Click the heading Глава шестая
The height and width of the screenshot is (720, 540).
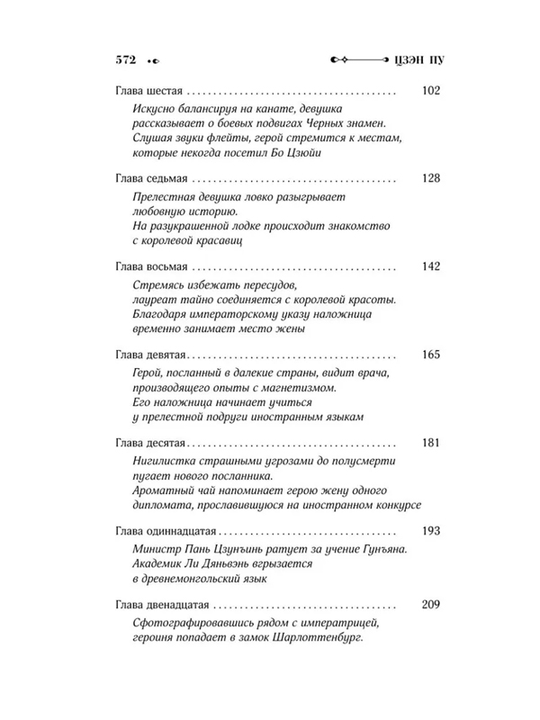click(x=150, y=91)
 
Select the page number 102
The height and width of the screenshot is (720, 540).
click(x=430, y=91)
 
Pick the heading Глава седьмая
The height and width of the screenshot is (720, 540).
click(x=153, y=178)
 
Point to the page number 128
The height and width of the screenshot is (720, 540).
click(x=430, y=178)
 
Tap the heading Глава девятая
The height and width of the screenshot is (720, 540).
click(x=152, y=354)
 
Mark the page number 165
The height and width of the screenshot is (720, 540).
click(x=430, y=354)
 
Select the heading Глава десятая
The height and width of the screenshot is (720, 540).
click(x=152, y=442)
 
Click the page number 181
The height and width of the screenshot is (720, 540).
click(x=430, y=442)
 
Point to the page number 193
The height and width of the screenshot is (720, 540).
click(x=430, y=530)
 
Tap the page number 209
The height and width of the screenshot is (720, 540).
click(x=430, y=602)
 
